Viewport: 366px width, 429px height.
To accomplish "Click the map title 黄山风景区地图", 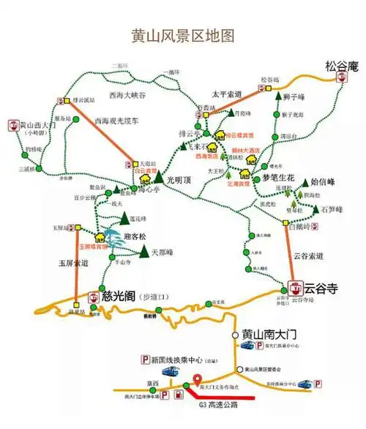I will tap(182, 34).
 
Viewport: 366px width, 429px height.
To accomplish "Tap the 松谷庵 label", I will tap(343, 67).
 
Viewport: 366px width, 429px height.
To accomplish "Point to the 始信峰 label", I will tap(323, 181).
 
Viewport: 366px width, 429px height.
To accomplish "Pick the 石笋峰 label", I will tap(329, 210).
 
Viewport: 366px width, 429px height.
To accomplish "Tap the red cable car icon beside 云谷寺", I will tap(296, 287).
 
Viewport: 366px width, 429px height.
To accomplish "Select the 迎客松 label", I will tap(135, 236).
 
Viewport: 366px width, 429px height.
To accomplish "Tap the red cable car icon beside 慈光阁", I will tap(94, 297).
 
